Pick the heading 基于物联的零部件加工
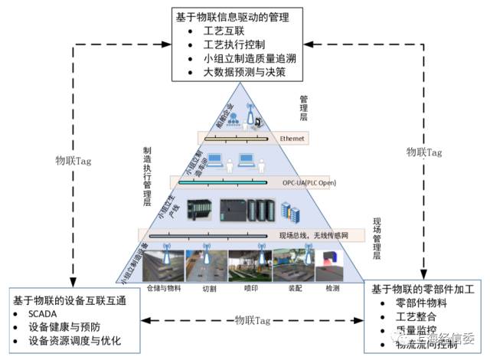[423, 290]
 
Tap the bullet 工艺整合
[416, 317]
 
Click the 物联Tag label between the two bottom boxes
[253, 319]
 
